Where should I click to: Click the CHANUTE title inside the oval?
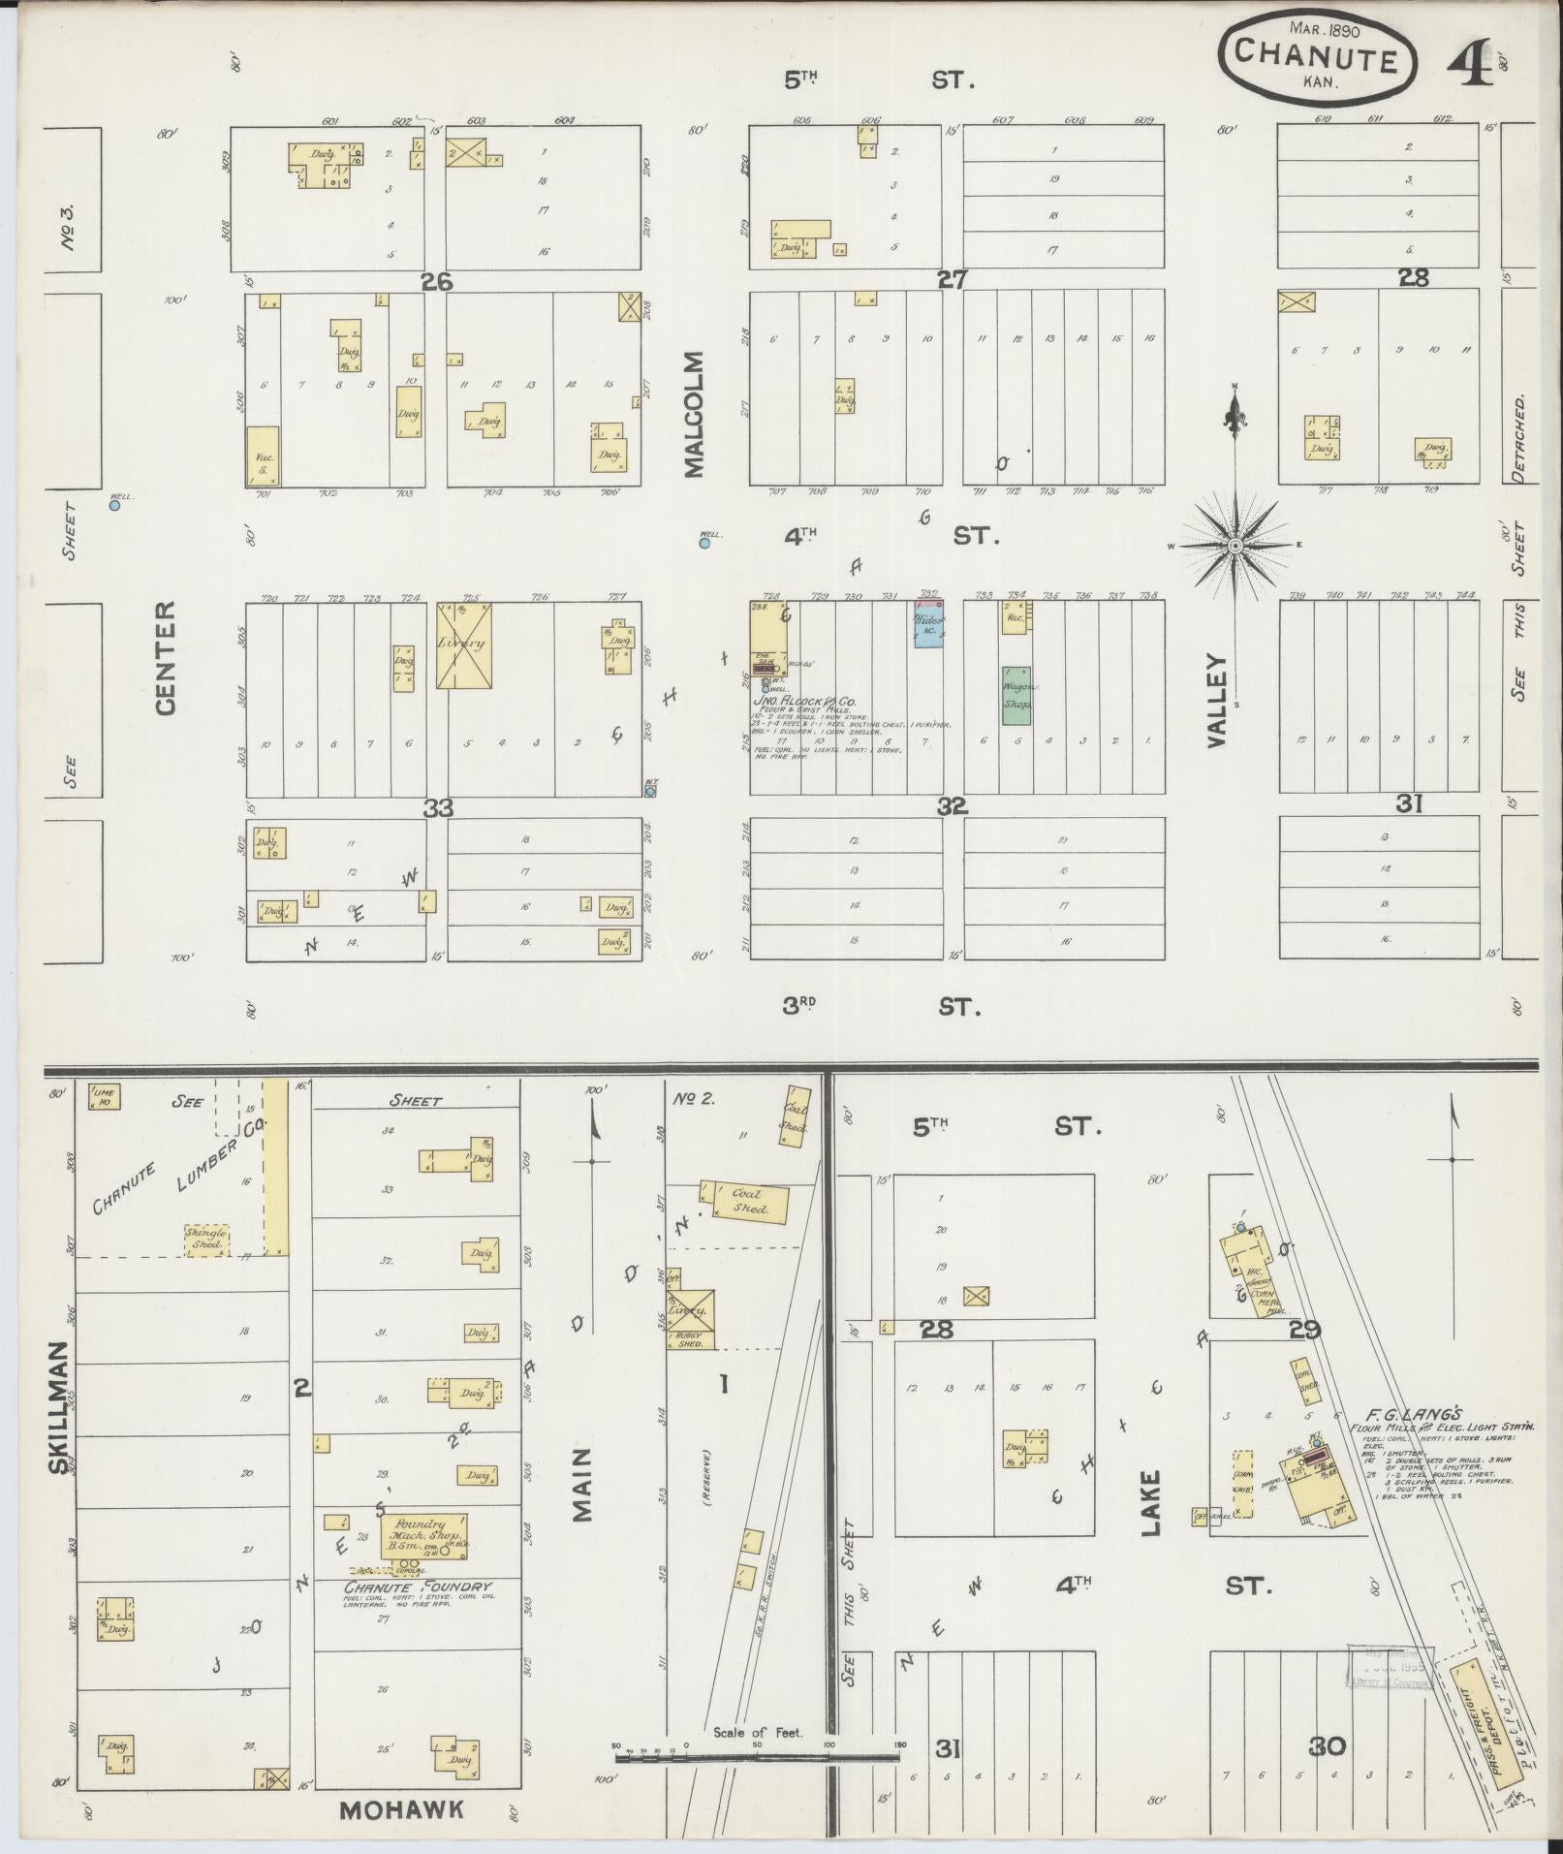coord(1315,59)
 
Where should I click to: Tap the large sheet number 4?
coord(1469,65)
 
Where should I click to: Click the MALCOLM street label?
coord(694,415)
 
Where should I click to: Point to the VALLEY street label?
coord(1217,699)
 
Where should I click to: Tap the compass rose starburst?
coord(1235,546)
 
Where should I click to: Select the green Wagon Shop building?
coord(1016,695)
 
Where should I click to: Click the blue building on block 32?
coord(928,625)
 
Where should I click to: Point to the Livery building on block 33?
coord(462,645)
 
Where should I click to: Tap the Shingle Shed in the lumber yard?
coord(207,1241)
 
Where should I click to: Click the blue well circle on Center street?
coord(114,505)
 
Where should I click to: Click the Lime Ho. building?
coord(104,1095)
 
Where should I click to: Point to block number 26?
coord(437,282)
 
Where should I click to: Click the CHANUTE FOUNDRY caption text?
coord(419,1586)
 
